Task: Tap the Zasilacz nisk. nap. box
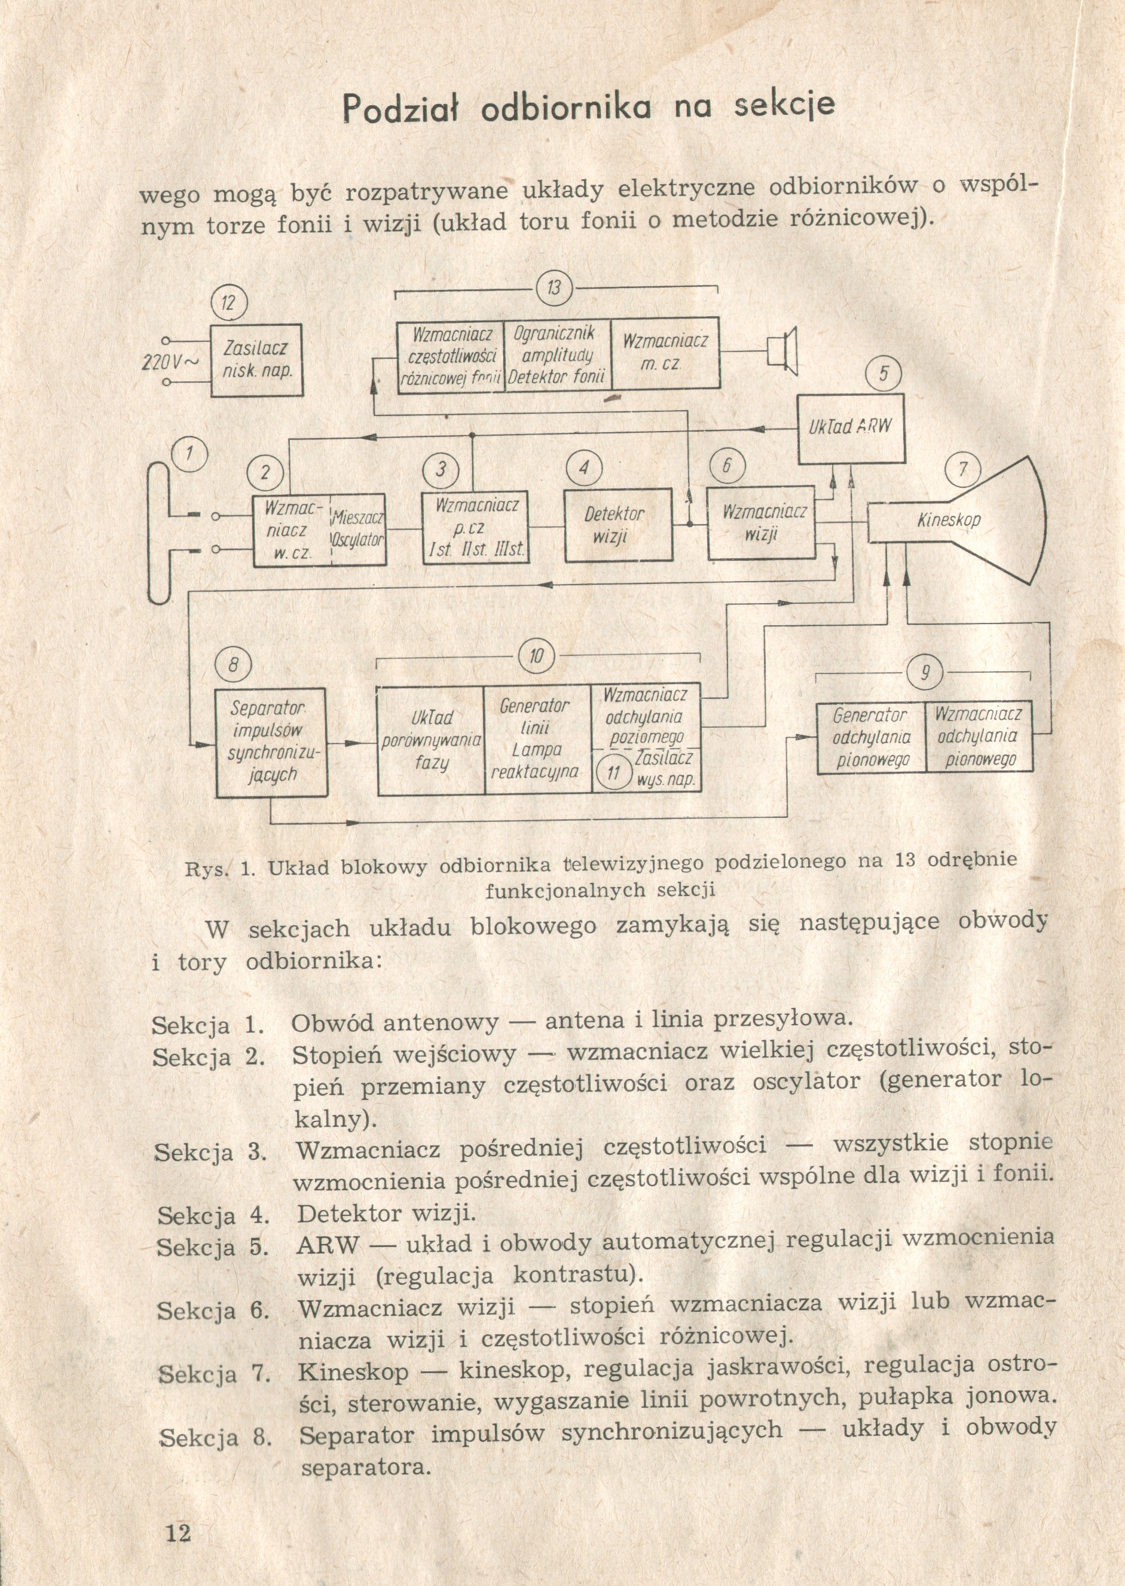click(256, 359)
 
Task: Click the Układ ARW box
click(851, 428)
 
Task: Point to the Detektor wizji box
click(618, 524)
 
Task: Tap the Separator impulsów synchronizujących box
click(270, 742)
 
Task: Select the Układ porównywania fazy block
click(431, 739)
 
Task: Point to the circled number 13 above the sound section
click(554, 287)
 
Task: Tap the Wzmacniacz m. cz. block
click(665, 353)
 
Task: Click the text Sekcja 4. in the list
click(213, 1215)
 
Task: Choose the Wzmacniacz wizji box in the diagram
click(762, 523)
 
